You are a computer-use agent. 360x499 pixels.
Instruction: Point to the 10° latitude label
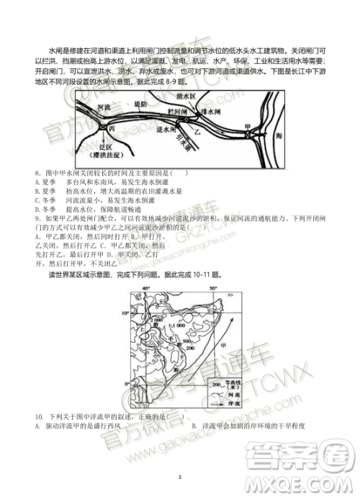tap(125, 314)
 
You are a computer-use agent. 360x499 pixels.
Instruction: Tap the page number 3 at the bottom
tap(179, 475)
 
